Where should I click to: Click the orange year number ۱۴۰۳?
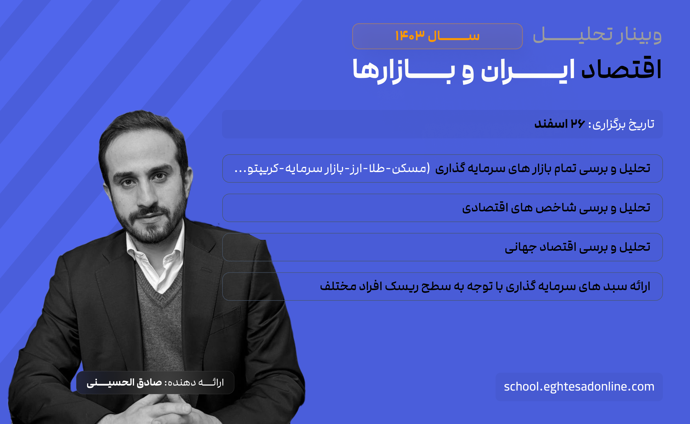click(410, 36)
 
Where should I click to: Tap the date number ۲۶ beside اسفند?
click(578, 124)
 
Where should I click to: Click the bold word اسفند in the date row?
click(551, 124)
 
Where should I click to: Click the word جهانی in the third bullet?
click(521, 247)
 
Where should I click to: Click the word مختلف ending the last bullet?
click(338, 286)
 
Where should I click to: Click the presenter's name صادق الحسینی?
click(124, 383)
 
